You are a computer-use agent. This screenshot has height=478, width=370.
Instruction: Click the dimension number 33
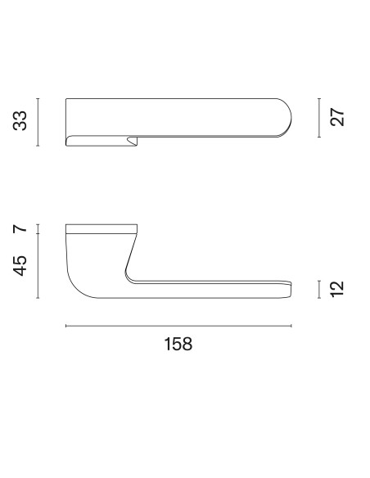click(x=20, y=121)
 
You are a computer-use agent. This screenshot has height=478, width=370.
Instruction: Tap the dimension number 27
click(x=337, y=117)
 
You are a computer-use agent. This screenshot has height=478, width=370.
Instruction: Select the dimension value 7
click(x=20, y=229)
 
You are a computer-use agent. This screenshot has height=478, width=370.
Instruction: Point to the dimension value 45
click(x=20, y=266)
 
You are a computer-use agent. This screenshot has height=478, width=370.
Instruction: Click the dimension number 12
click(x=337, y=289)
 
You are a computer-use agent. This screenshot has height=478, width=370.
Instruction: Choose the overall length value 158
click(x=178, y=344)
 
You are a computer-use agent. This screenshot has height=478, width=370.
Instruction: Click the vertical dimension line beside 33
click(x=38, y=122)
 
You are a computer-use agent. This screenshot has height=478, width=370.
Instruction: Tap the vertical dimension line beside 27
click(x=319, y=118)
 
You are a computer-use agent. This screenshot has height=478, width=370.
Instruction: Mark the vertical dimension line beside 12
click(x=319, y=289)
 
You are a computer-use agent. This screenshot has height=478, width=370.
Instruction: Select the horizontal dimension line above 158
click(x=178, y=326)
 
